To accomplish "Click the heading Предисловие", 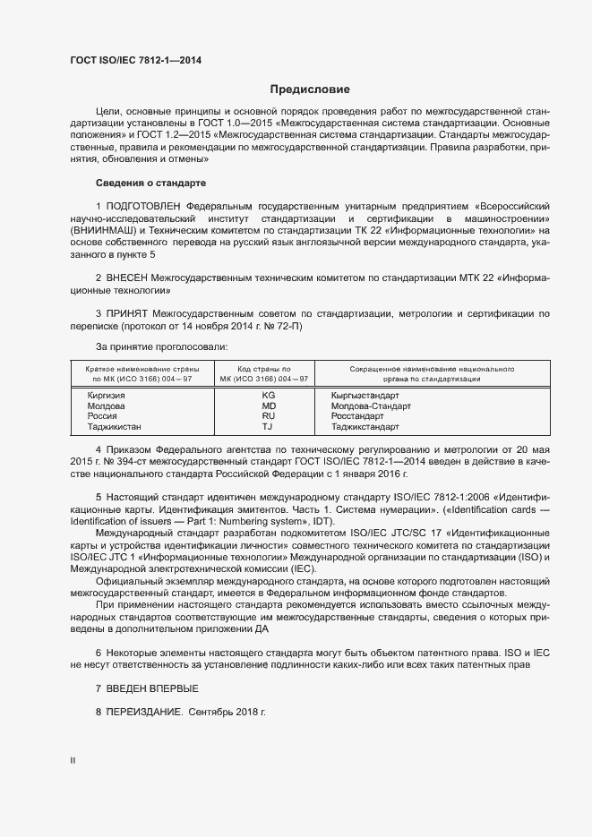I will [x=310, y=90].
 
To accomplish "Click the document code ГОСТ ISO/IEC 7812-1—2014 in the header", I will [x=135, y=60].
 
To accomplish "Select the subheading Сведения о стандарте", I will [x=150, y=183].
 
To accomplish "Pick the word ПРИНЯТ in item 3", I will [x=127, y=313].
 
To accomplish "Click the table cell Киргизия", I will [x=106, y=395].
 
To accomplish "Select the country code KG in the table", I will [x=268, y=395].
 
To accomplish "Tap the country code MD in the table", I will [x=268, y=406].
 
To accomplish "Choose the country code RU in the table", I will [x=268, y=416].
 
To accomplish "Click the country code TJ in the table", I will [x=268, y=427].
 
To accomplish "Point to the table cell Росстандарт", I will [x=358, y=416].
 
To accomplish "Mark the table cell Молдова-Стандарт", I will [x=371, y=406].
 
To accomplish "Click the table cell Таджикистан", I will [x=115, y=427].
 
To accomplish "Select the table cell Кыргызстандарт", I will [x=365, y=395].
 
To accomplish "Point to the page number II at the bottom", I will [x=73, y=761].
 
